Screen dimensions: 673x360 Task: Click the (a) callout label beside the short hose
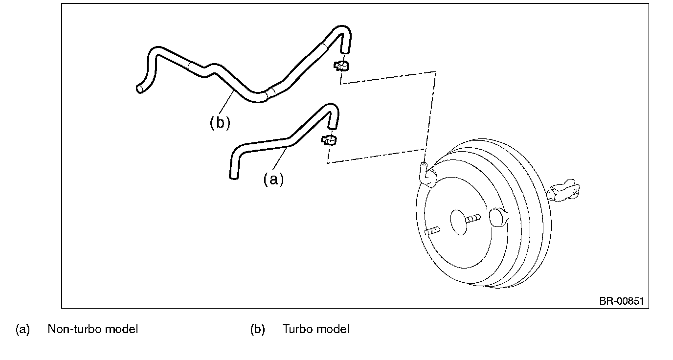[x=273, y=180]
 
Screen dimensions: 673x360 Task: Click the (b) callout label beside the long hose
[x=220, y=123]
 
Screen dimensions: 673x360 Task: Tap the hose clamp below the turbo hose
[x=341, y=66]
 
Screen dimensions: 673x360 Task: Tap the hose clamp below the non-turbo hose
[x=329, y=140]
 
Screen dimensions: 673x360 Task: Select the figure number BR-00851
[x=622, y=301]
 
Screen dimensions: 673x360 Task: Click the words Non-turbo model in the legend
[x=93, y=329]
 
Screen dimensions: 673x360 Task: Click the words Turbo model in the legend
[x=316, y=329]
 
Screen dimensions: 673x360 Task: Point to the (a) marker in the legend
[x=23, y=329]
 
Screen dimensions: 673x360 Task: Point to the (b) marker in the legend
[x=258, y=329]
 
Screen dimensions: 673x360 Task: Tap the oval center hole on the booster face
[x=459, y=223]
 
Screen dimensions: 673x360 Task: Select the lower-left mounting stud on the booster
[x=432, y=231]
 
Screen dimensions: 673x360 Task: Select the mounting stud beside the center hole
[x=473, y=219]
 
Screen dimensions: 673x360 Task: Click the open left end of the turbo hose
[x=140, y=89]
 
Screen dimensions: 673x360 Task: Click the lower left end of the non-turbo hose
[x=234, y=177]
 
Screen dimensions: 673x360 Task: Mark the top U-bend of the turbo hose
[x=342, y=30]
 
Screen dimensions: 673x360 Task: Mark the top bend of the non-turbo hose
[x=330, y=108]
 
